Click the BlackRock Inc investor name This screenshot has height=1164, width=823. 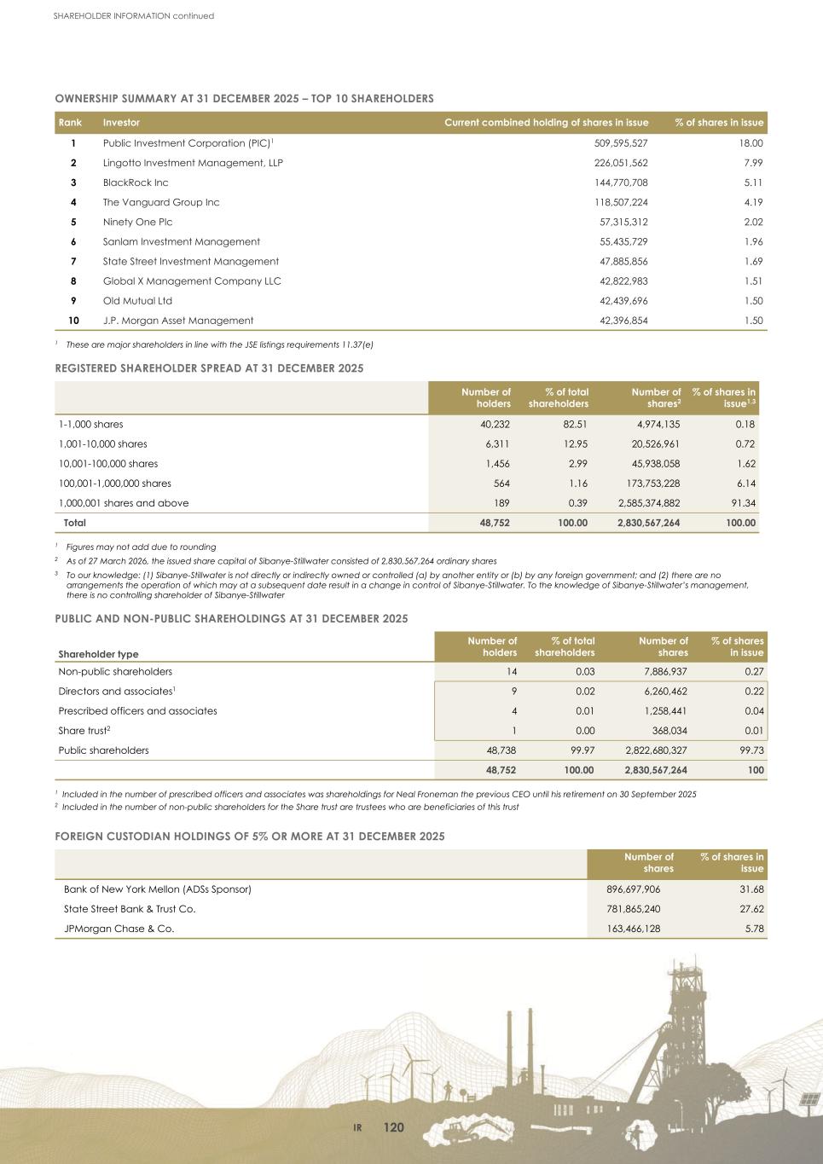point(136,182)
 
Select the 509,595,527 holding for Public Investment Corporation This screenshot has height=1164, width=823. point(620,143)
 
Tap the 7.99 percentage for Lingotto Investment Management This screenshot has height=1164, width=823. point(752,163)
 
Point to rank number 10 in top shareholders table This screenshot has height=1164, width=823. point(73,321)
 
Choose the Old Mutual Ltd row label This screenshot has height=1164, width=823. point(137,301)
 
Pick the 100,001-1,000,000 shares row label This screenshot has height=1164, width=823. point(114,484)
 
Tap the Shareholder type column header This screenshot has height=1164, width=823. point(98,654)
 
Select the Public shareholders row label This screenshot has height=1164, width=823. point(103,750)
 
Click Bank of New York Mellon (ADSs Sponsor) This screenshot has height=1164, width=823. point(158,889)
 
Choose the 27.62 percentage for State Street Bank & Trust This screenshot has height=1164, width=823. point(750,909)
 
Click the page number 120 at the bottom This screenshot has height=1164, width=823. point(393,1128)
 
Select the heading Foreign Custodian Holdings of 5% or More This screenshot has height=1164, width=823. point(250,837)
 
